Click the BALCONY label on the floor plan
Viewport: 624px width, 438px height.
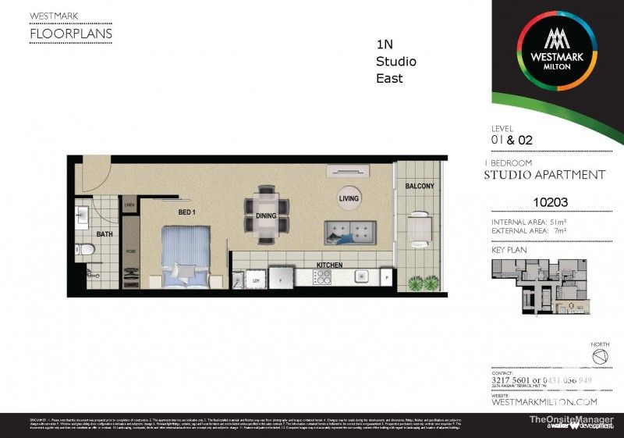419,186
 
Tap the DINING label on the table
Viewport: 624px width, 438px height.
265,215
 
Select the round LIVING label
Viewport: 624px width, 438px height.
349,198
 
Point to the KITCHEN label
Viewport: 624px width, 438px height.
329,265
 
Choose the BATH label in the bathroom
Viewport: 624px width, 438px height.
105,233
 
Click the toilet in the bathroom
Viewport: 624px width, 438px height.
87,250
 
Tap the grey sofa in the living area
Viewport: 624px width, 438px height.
350,232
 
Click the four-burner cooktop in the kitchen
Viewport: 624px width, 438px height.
321,277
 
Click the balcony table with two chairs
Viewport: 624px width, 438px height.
420,226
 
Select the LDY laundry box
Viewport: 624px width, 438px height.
254,280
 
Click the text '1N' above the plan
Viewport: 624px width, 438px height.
384,45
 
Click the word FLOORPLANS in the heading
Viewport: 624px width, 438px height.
70,34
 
